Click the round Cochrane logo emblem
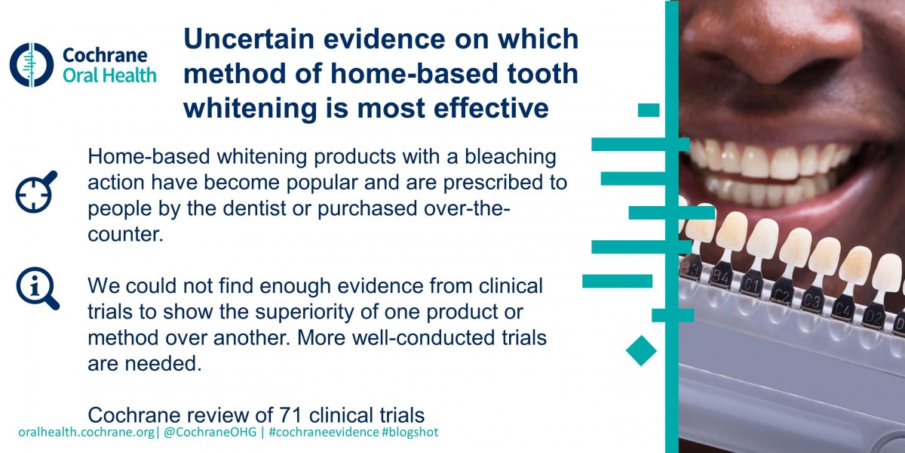point(32,65)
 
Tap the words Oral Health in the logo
point(109,75)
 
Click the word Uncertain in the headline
point(250,39)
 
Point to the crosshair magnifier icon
point(35,192)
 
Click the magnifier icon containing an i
point(37,288)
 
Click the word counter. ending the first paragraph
point(126,234)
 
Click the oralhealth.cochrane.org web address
point(87,433)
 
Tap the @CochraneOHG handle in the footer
point(210,432)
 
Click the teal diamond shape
point(641,350)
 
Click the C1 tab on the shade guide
point(750,285)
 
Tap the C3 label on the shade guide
point(811,301)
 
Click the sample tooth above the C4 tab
point(855,263)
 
